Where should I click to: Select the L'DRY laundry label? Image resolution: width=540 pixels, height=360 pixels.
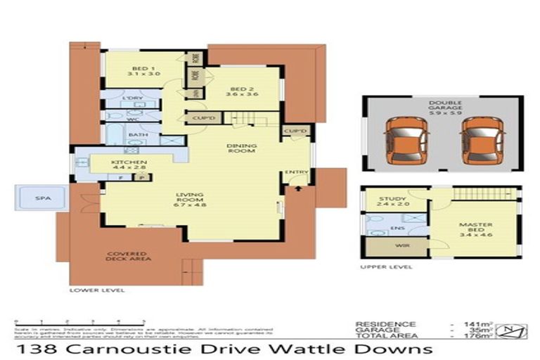point(133,98)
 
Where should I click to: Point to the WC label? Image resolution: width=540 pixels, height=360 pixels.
point(132,120)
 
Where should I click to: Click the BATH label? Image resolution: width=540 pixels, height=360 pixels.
point(138,134)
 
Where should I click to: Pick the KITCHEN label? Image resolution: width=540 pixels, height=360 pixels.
point(129,164)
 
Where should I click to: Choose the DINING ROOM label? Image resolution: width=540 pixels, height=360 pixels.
point(240,148)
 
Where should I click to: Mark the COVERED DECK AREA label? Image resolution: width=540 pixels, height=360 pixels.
point(127,257)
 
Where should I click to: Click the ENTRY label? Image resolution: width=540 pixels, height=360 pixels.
point(294,173)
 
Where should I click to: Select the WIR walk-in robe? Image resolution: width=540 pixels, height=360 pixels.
point(384,246)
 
